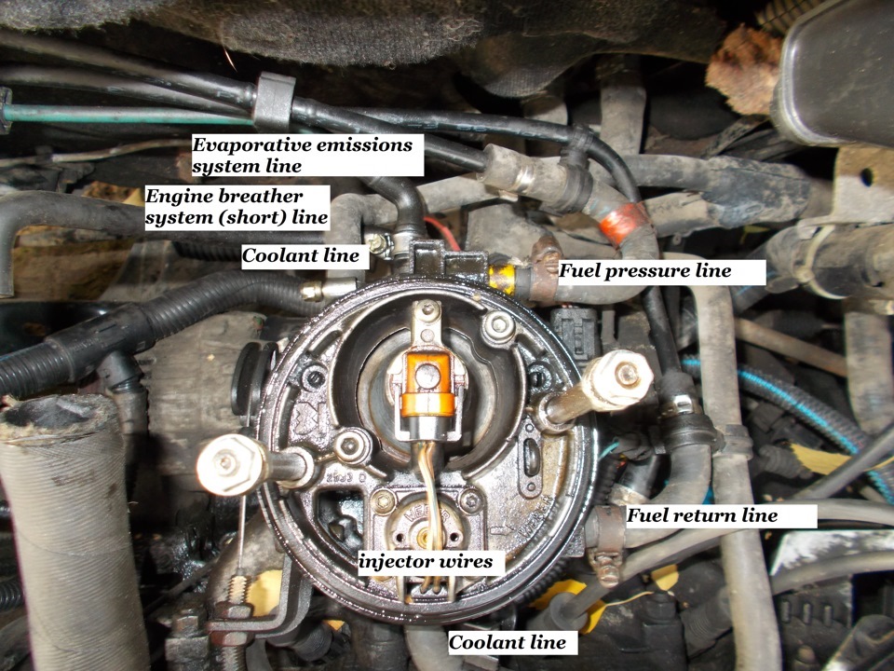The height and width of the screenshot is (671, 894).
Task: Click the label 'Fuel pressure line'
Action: pyautogui.click(x=644, y=271)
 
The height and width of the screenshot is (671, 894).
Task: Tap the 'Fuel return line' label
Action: pyautogui.click(x=702, y=515)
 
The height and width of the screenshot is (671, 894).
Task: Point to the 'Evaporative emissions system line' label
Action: pyautogui.click(x=302, y=156)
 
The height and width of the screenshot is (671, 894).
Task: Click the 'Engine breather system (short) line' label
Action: pyautogui.click(x=237, y=207)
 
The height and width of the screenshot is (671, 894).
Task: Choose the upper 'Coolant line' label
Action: pyautogui.click(x=300, y=255)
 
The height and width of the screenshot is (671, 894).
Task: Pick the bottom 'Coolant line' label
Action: pyautogui.click(x=507, y=642)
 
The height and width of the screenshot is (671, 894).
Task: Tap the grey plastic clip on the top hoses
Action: pyautogui.click(x=274, y=102)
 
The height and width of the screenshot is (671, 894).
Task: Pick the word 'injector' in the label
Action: pyautogui.click(x=395, y=561)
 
